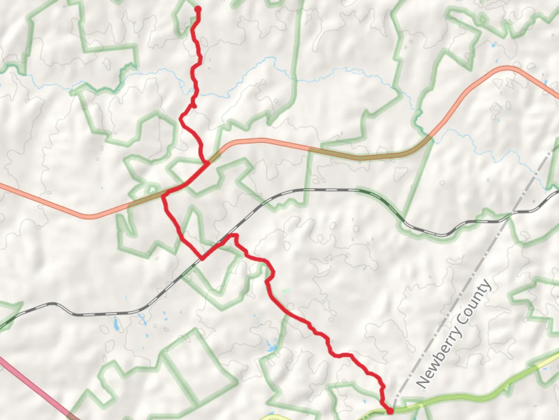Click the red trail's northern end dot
click(x=198, y=9)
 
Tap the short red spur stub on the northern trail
click(x=194, y=105)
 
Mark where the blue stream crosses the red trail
click(x=194, y=90)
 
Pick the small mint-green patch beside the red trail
click(x=286, y=290)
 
